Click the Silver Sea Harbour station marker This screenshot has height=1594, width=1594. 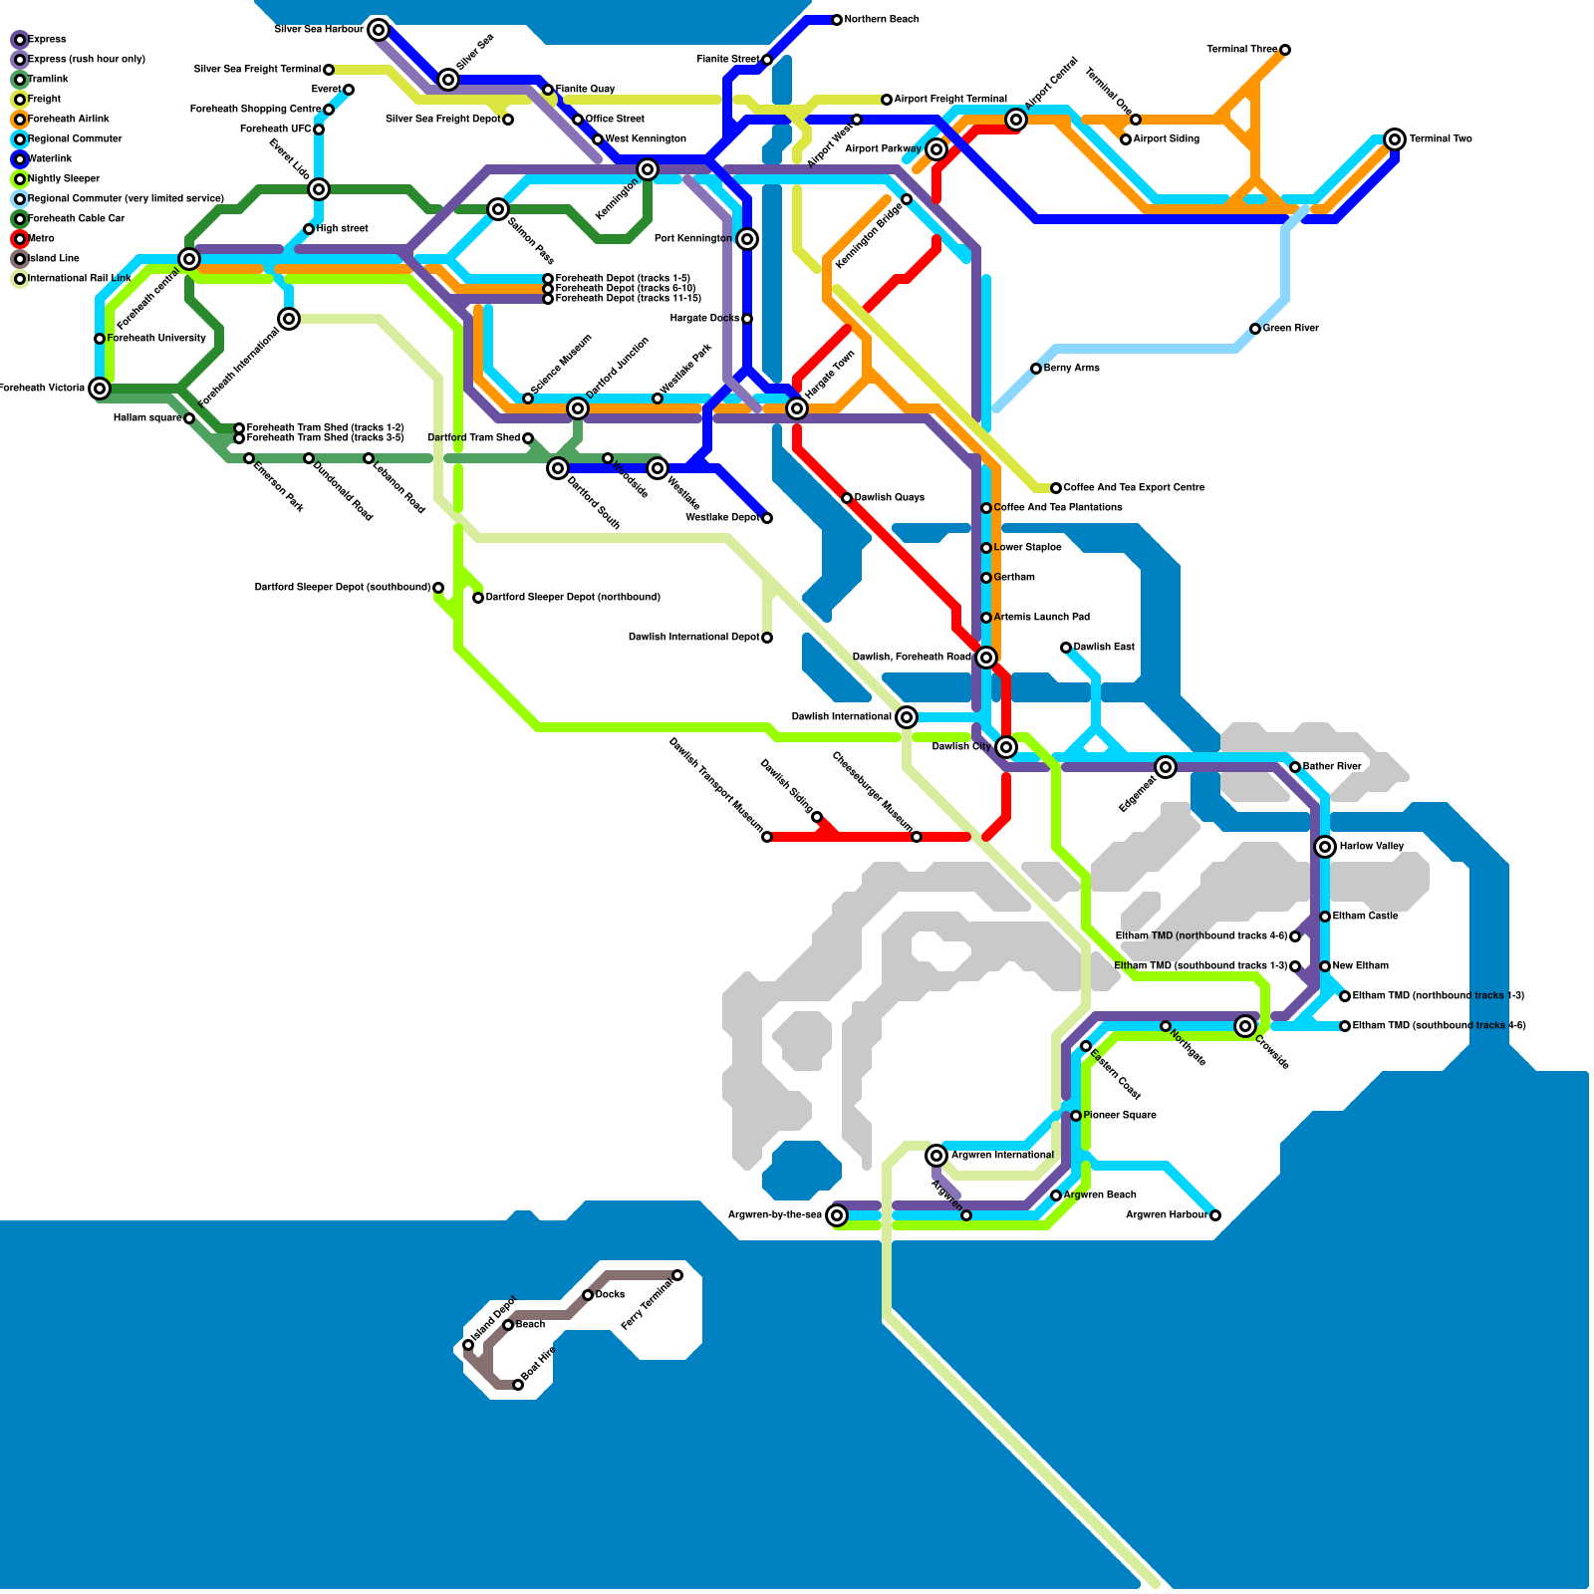click(x=379, y=30)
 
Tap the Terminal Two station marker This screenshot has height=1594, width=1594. click(x=1395, y=139)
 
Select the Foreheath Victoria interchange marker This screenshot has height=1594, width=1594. click(x=100, y=389)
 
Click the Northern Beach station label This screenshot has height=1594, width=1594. click(x=882, y=20)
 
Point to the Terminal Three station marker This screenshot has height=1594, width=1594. click(x=1285, y=50)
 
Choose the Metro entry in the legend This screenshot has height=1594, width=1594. click(x=41, y=239)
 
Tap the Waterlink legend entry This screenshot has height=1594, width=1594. click(x=50, y=159)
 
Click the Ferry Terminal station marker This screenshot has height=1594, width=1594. click(x=677, y=1275)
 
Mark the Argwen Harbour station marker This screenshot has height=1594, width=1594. click(x=1215, y=1215)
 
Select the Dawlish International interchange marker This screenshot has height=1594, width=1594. click(x=907, y=717)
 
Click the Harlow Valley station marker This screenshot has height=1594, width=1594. click(x=1325, y=847)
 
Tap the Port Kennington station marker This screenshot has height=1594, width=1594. click(x=747, y=239)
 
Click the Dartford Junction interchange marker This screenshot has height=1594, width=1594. click(x=578, y=408)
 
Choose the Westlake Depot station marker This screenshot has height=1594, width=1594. click(x=767, y=518)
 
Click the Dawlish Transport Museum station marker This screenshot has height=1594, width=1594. click(x=767, y=837)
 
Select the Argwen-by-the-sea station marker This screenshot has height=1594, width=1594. click(x=837, y=1215)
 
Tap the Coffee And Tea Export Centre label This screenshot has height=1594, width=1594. click(x=1134, y=488)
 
